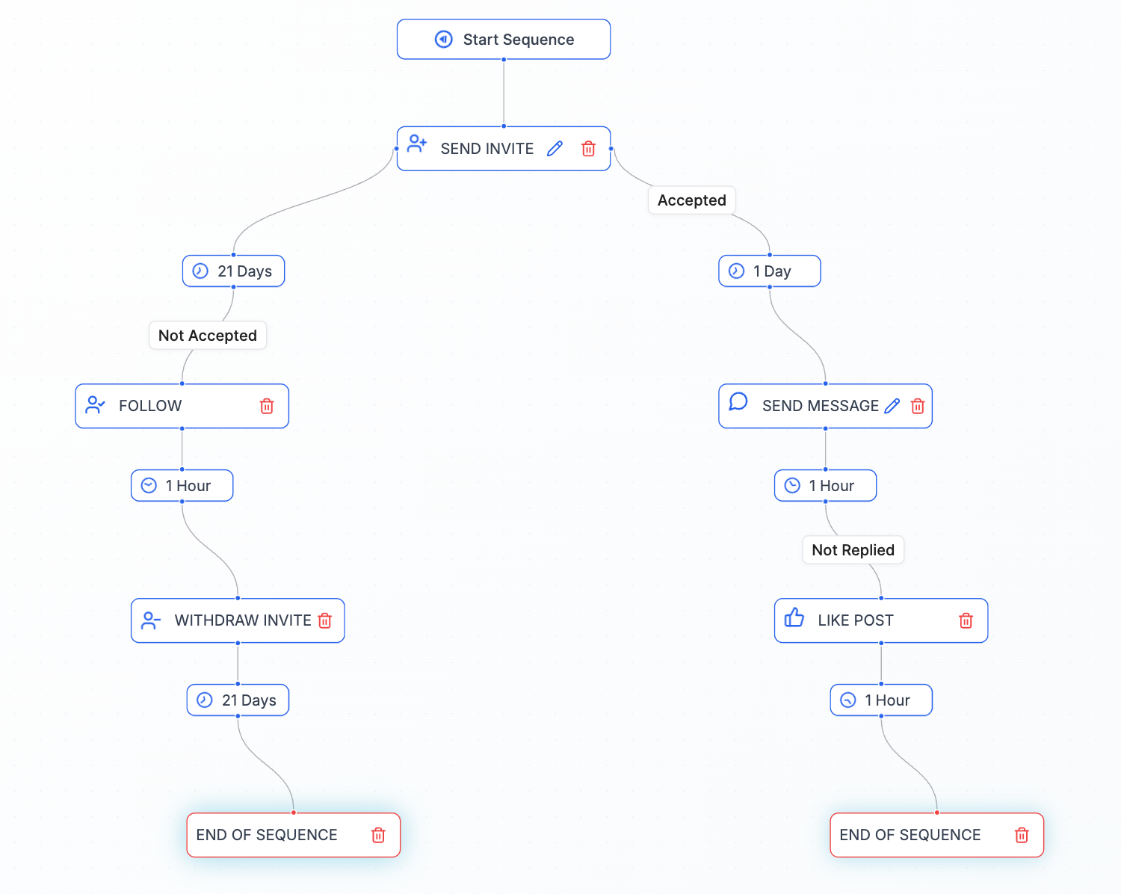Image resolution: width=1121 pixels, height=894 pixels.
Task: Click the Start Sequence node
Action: (504, 40)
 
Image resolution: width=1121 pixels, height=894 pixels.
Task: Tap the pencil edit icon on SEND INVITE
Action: (555, 149)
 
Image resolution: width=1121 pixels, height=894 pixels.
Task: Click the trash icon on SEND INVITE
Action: (588, 149)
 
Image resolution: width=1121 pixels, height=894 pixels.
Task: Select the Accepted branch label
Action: (691, 200)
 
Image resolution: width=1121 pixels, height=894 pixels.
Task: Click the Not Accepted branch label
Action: (208, 336)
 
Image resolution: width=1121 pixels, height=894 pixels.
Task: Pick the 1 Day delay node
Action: (769, 271)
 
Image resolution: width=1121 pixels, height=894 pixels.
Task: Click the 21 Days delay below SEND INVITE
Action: (233, 271)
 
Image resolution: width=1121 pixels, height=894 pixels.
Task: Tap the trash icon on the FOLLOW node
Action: (267, 406)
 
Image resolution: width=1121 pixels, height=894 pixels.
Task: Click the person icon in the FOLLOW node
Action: (95, 405)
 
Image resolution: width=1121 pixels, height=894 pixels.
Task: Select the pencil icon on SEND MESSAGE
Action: (892, 406)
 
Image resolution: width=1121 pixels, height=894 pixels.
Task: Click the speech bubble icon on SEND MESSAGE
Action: (738, 402)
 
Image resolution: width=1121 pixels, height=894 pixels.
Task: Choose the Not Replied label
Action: (853, 550)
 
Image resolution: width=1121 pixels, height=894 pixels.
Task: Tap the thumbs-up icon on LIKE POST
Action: (794, 618)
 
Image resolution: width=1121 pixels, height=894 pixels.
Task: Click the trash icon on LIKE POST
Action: (966, 620)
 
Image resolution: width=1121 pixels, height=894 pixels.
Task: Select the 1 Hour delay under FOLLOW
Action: (182, 486)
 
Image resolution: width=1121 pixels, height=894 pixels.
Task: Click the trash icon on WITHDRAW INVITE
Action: (325, 620)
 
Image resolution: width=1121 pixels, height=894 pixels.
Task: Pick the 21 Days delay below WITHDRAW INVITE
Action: (238, 700)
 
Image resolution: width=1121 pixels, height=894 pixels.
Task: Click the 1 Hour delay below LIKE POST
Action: (881, 700)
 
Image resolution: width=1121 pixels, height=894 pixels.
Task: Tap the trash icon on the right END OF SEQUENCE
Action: (1022, 835)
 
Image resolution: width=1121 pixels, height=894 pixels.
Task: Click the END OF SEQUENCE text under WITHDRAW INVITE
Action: (267, 835)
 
